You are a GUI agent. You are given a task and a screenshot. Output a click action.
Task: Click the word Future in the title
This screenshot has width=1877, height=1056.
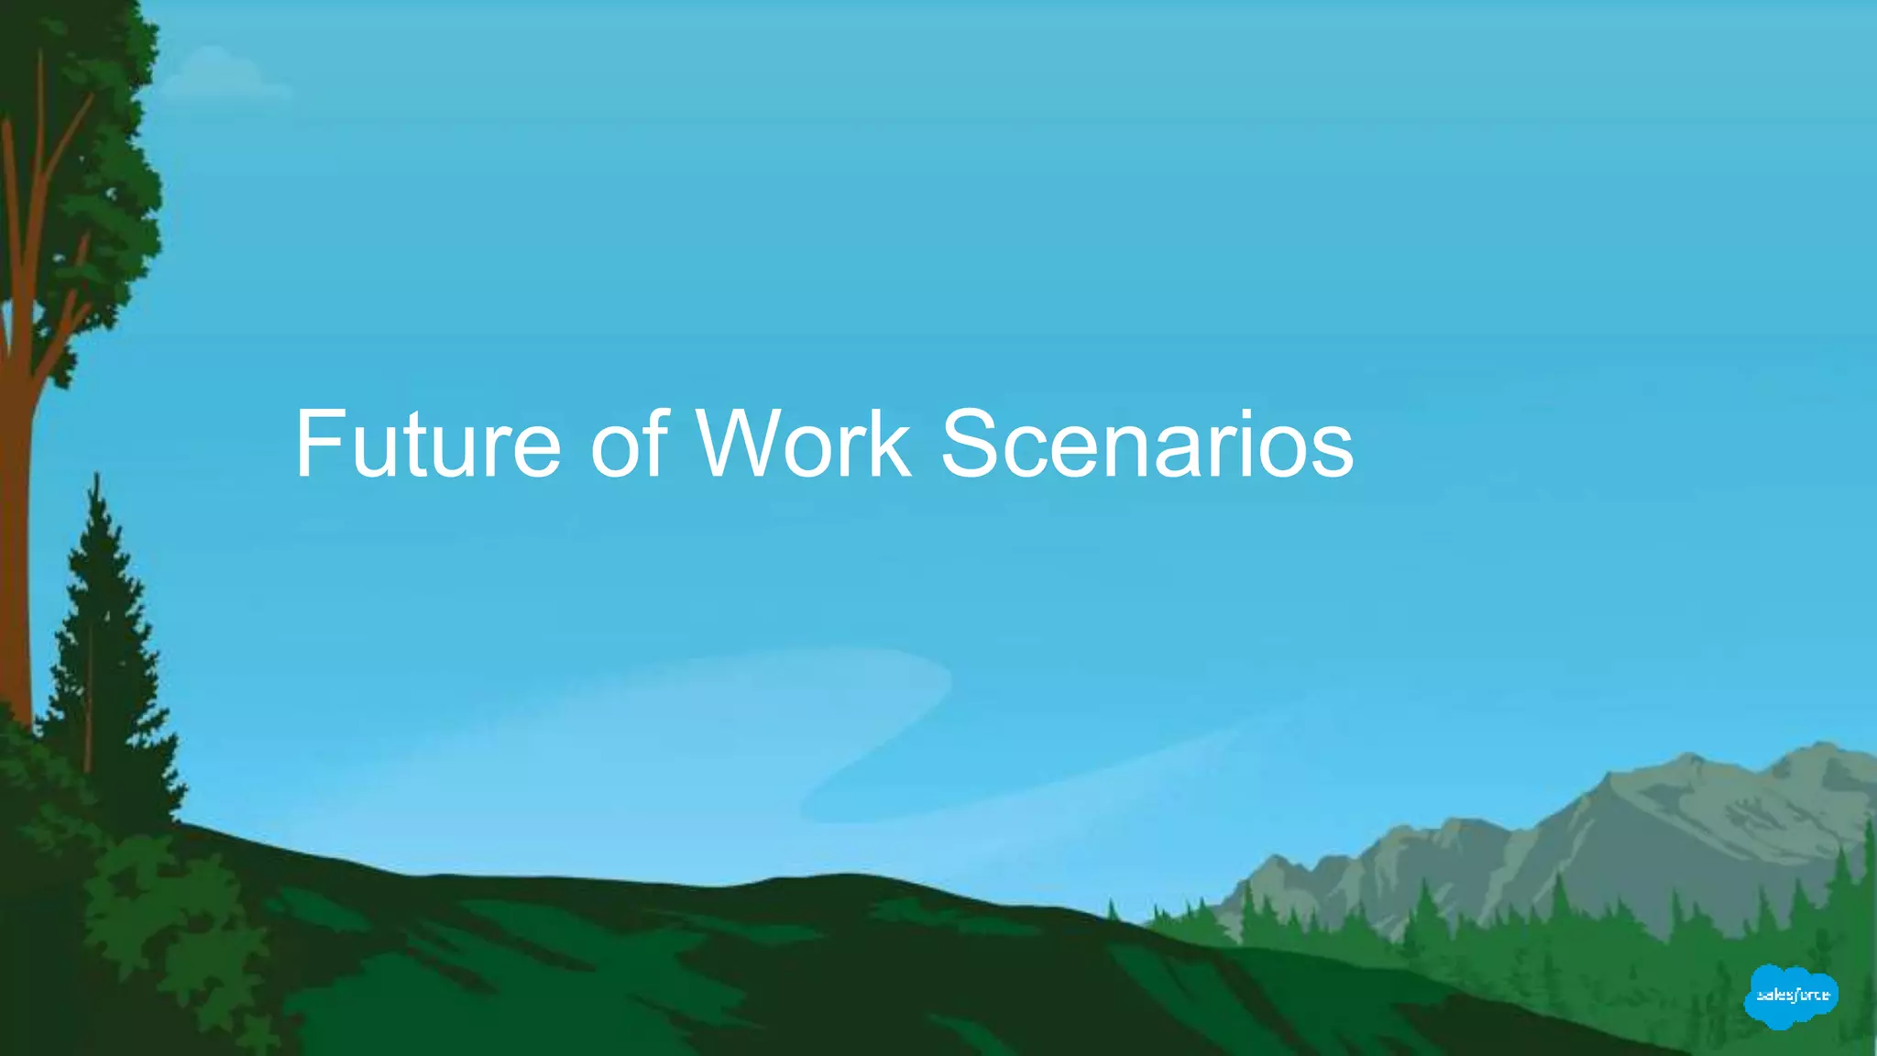coord(427,445)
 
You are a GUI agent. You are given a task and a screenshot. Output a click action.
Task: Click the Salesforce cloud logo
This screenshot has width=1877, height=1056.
coord(1791,995)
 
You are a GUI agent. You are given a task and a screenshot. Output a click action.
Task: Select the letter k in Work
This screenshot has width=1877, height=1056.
coord(889,445)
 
